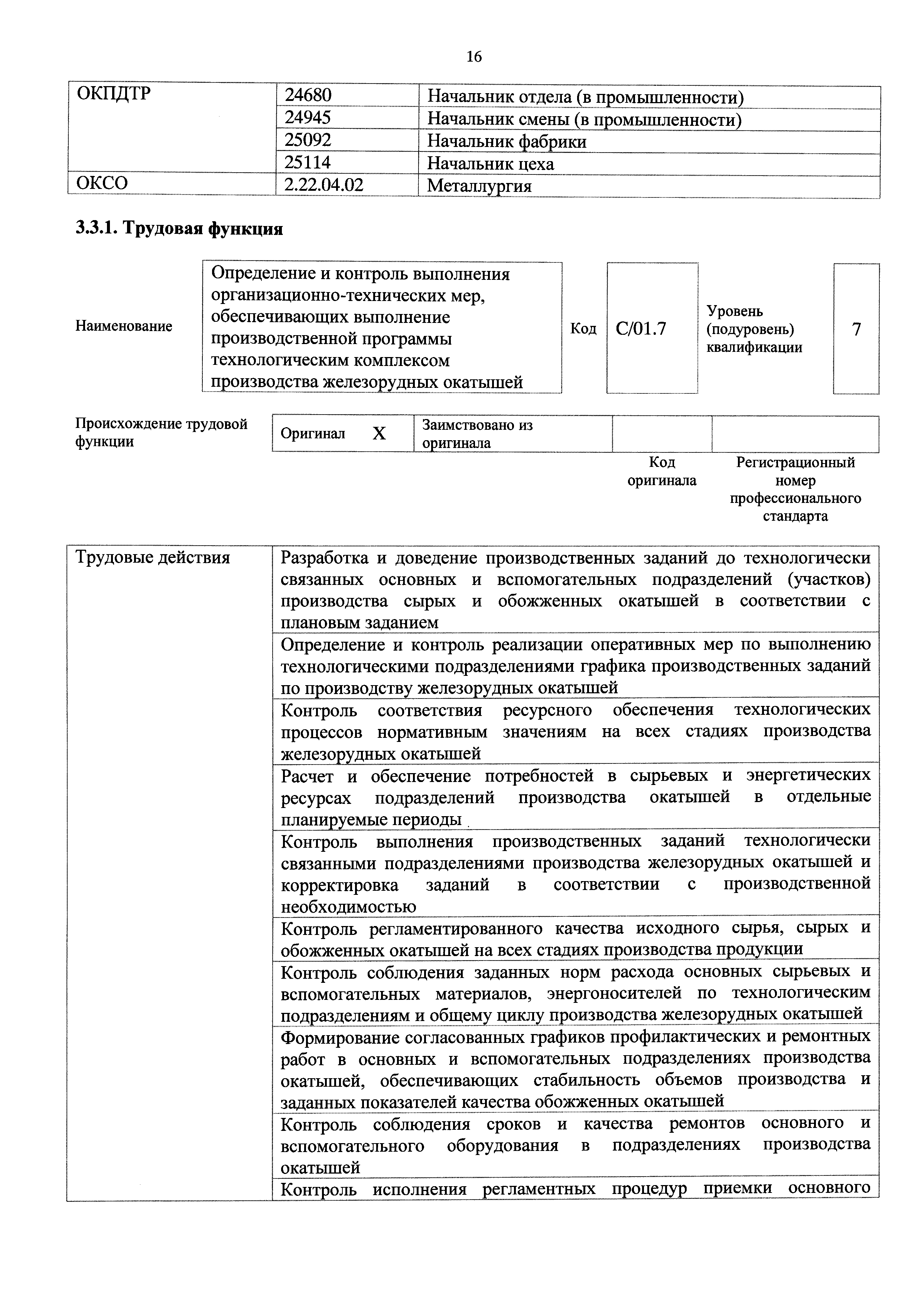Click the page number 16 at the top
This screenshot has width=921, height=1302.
[474, 57]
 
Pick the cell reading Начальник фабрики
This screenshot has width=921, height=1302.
[507, 141]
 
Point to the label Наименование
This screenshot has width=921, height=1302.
[124, 326]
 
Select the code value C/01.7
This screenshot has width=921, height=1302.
[641, 329]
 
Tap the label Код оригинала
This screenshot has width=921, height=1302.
[662, 471]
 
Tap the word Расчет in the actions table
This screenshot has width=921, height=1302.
[307, 776]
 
